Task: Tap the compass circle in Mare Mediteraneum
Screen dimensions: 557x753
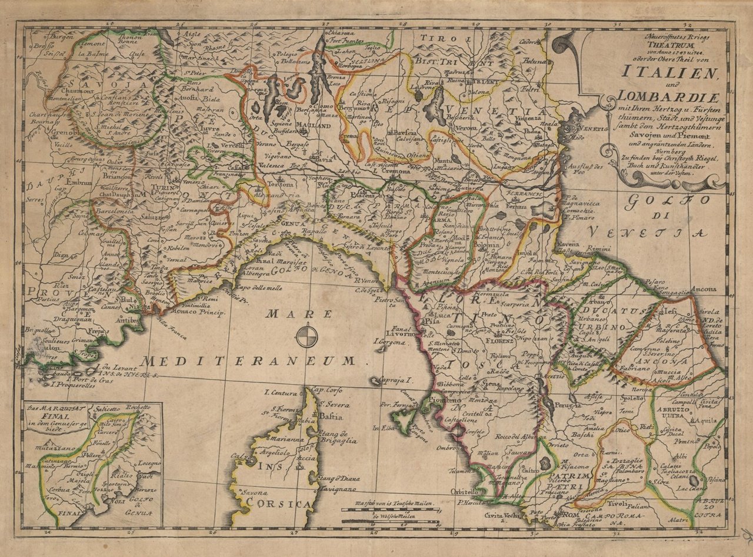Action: coord(306,337)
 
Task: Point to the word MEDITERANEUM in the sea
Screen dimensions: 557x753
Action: coord(247,360)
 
